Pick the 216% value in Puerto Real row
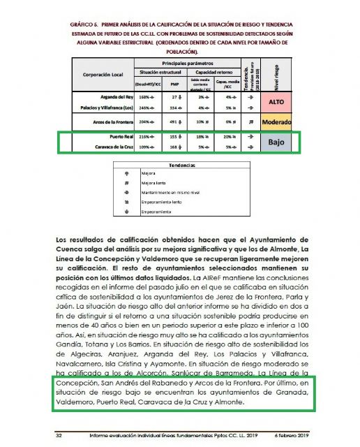pyautogui.click(x=144, y=138)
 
